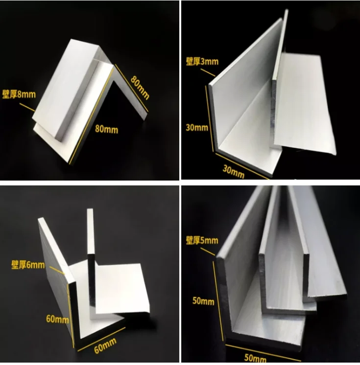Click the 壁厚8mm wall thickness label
click(19, 93)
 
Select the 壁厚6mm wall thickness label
click(28, 265)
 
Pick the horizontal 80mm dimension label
click(107, 130)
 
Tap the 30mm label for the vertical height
click(197, 128)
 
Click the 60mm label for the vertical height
click(58, 319)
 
